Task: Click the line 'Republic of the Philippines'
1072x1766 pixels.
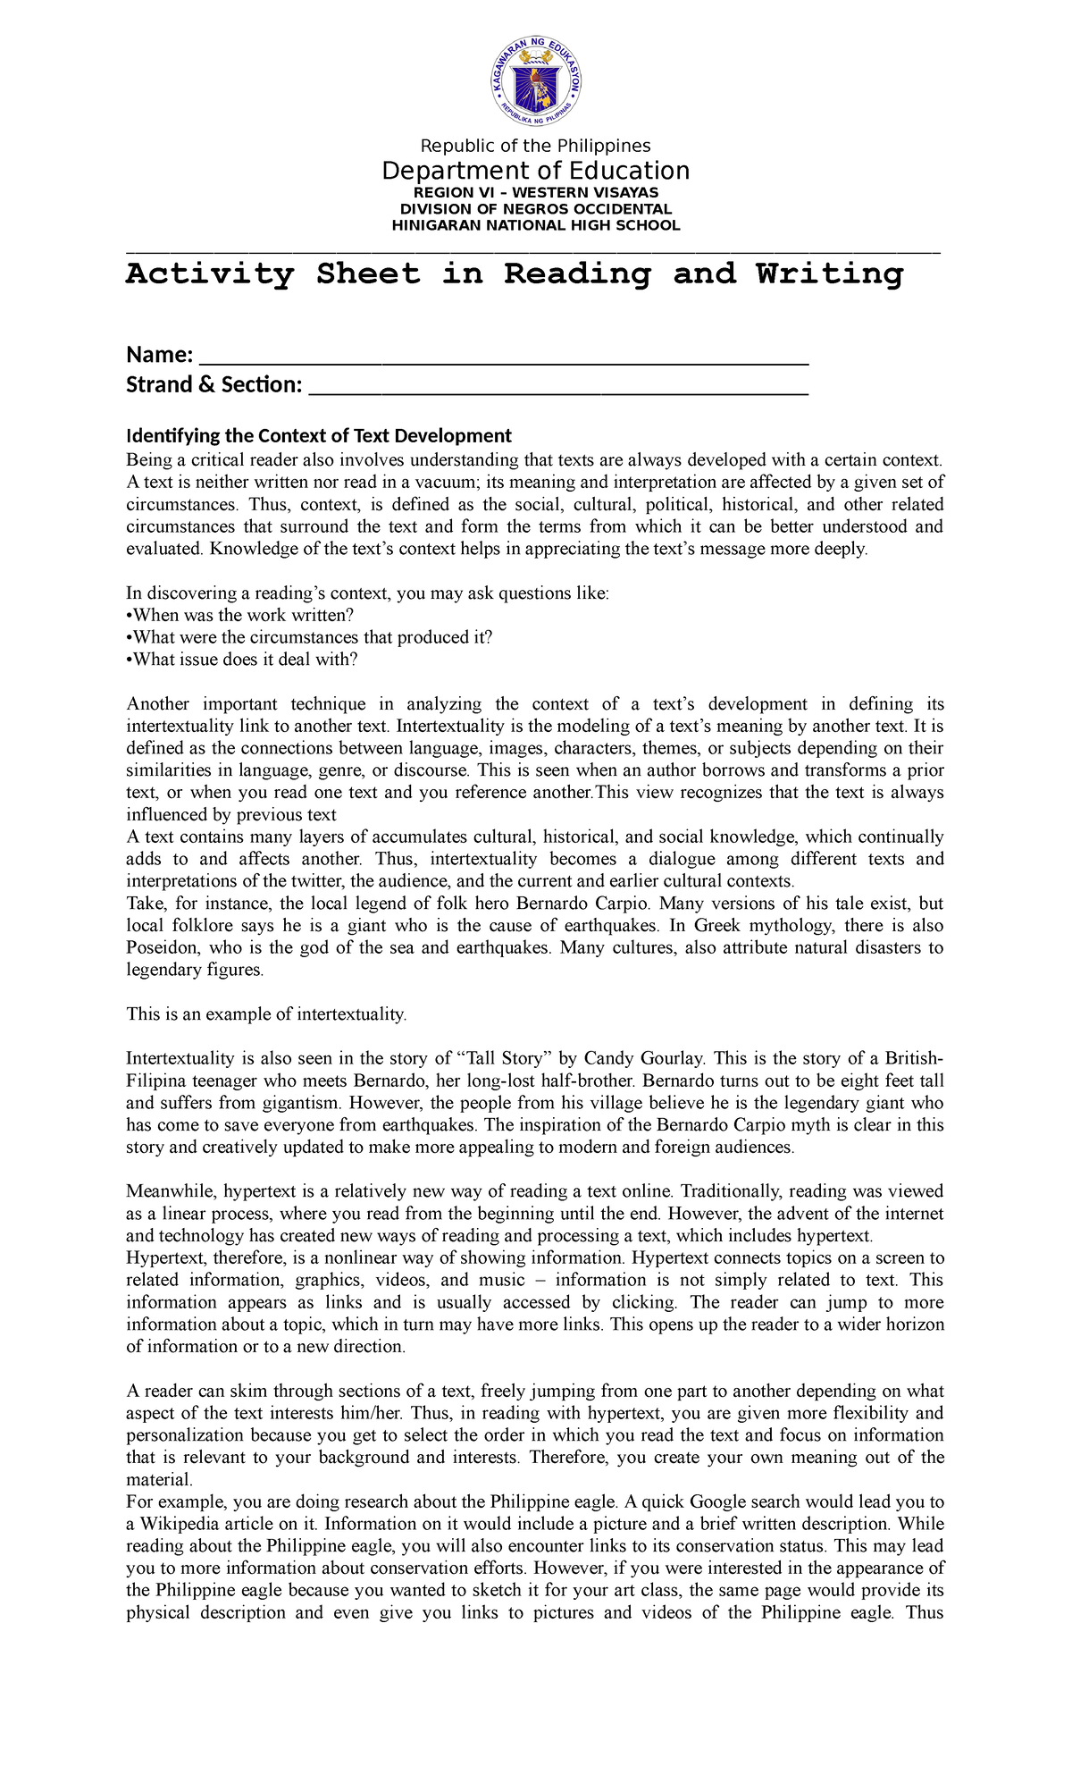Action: tap(536, 146)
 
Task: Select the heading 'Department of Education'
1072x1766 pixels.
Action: tap(536, 171)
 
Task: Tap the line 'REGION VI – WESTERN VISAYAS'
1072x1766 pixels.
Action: tap(536, 192)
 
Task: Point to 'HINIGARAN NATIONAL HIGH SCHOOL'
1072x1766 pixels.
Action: tap(536, 225)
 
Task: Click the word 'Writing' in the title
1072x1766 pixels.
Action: tap(829, 274)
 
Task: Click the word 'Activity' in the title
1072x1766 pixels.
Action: tap(210, 274)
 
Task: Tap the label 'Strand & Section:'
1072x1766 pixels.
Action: tap(214, 385)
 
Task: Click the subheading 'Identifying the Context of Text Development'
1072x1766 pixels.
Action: tap(319, 436)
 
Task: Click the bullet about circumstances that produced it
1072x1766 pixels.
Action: tap(309, 637)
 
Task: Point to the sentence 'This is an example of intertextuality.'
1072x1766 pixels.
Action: tap(266, 1014)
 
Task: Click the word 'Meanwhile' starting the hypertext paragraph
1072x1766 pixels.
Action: tap(170, 1191)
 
